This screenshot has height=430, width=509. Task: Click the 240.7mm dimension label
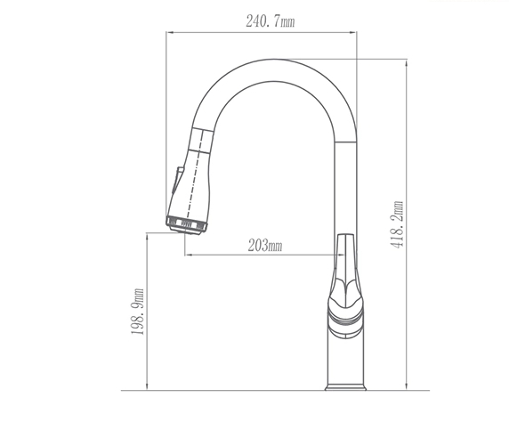[x=271, y=21]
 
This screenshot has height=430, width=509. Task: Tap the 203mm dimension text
[x=265, y=246]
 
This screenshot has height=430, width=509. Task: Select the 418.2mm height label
[x=398, y=224]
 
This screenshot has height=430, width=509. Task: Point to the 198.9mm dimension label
[x=137, y=312]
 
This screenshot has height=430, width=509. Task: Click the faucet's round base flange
[x=345, y=387]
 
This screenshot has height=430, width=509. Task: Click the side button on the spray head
[x=176, y=180]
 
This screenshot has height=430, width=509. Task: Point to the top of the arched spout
[x=274, y=60]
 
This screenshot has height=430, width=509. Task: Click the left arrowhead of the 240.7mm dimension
[x=169, y=32]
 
